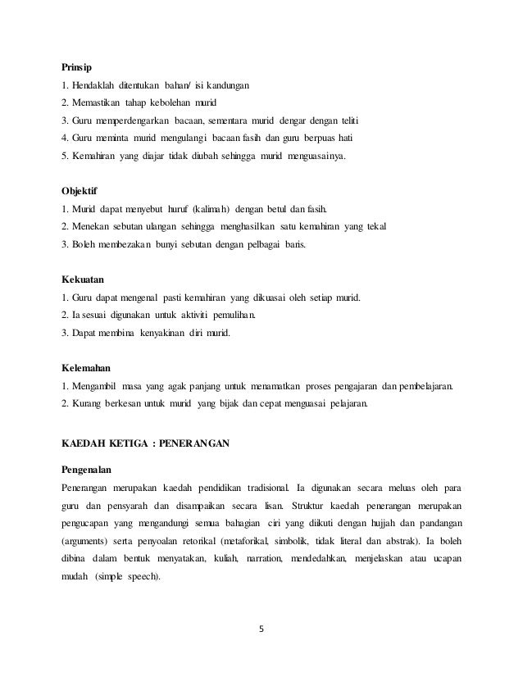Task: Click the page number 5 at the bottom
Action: [x=260, y=630]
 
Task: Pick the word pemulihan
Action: [x=231, y=314]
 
